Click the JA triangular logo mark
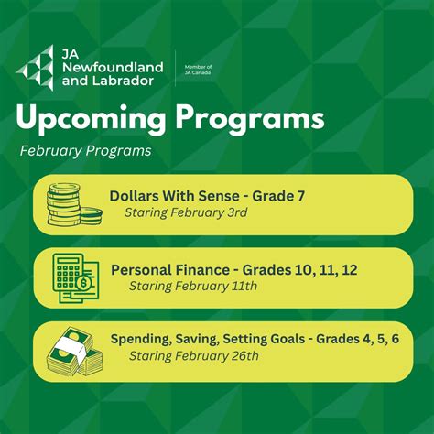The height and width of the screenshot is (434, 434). [36, 65]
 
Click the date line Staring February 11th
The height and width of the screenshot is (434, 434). [192, 286]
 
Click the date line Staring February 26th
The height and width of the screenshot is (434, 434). [193, 355]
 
